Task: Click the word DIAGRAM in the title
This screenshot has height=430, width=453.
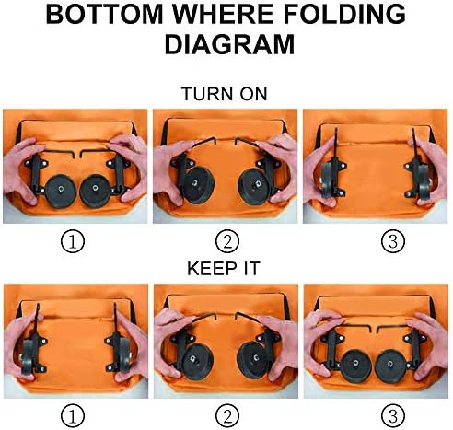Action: [x=229, y=44]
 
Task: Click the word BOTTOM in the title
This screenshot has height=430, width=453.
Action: [x=104, y=14]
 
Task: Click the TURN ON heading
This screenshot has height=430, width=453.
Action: [x=225, y=94]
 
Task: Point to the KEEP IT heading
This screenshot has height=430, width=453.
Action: [x=224, y=269]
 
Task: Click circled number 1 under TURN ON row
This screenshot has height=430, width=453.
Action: [x=73, y=241]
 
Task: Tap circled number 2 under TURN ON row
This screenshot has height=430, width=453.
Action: [x=227, y=241]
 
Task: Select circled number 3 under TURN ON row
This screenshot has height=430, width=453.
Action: [x=393, y=241]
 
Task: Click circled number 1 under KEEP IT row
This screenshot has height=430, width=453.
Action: [x=73, y=416]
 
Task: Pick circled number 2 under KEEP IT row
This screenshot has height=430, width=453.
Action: [x=227, y=416]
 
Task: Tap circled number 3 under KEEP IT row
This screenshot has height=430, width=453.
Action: [x=393, y=416]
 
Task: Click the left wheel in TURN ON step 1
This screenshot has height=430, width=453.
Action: [x=60, y=192]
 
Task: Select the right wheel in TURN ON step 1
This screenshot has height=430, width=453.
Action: [x=95, y=191]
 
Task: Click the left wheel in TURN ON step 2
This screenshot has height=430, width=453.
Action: [x=198, y=185]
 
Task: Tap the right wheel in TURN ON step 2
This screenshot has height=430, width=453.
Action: [x=254, y=187]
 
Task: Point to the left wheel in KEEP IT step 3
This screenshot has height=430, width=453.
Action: [x=355, y=366]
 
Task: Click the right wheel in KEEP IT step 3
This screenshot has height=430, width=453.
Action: [x=390, y=366]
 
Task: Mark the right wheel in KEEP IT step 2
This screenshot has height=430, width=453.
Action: [x=254, y=361]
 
